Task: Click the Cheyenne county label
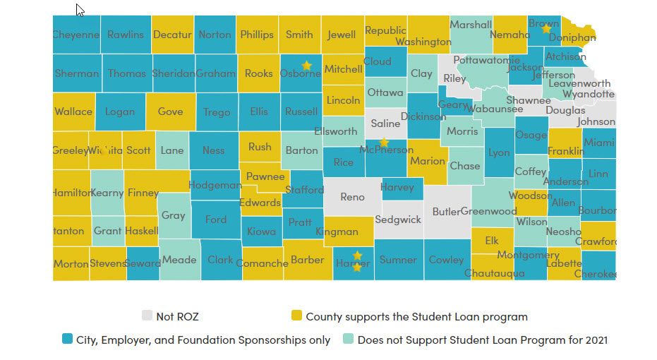[x=76, y=35]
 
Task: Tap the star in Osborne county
[x=306, y=65]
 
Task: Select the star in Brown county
[x=546, y=29]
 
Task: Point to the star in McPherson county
[x=384, y=143]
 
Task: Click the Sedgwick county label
[x=398, y=220]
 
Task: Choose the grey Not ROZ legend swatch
[x=147, y=316]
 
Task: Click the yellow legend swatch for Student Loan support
[x=296, y=316]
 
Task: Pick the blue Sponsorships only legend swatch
[x=67, y=340]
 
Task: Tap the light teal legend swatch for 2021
[x=349, y=340]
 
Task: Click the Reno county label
[x=352, y=197]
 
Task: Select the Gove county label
[x=170, y=112]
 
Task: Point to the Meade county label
[x=179, y=260]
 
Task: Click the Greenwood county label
[x=489, y=211]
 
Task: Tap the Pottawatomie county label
[x=486, y=60]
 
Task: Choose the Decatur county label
[x=172, y=35]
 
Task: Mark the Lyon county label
[x=499, y=152]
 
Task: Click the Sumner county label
[x=398, y=260]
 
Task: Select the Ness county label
[x=213, y=150]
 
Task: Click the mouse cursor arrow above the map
[x=79, y=9]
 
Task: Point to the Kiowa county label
[x=262, y=231]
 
